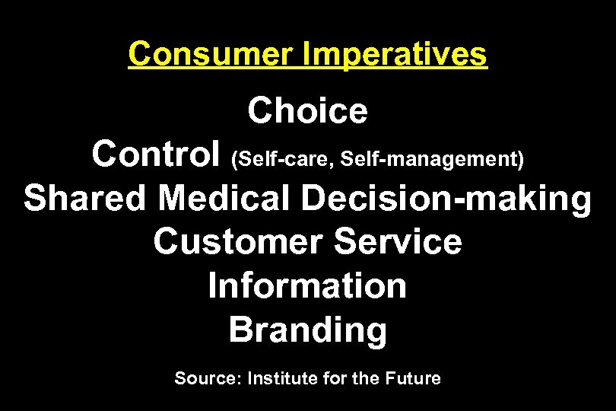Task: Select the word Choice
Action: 307,112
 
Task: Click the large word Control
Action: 157,155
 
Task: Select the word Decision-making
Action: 446,199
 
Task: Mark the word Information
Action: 307,286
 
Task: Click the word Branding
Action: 307,330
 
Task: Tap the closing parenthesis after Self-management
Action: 521,159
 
